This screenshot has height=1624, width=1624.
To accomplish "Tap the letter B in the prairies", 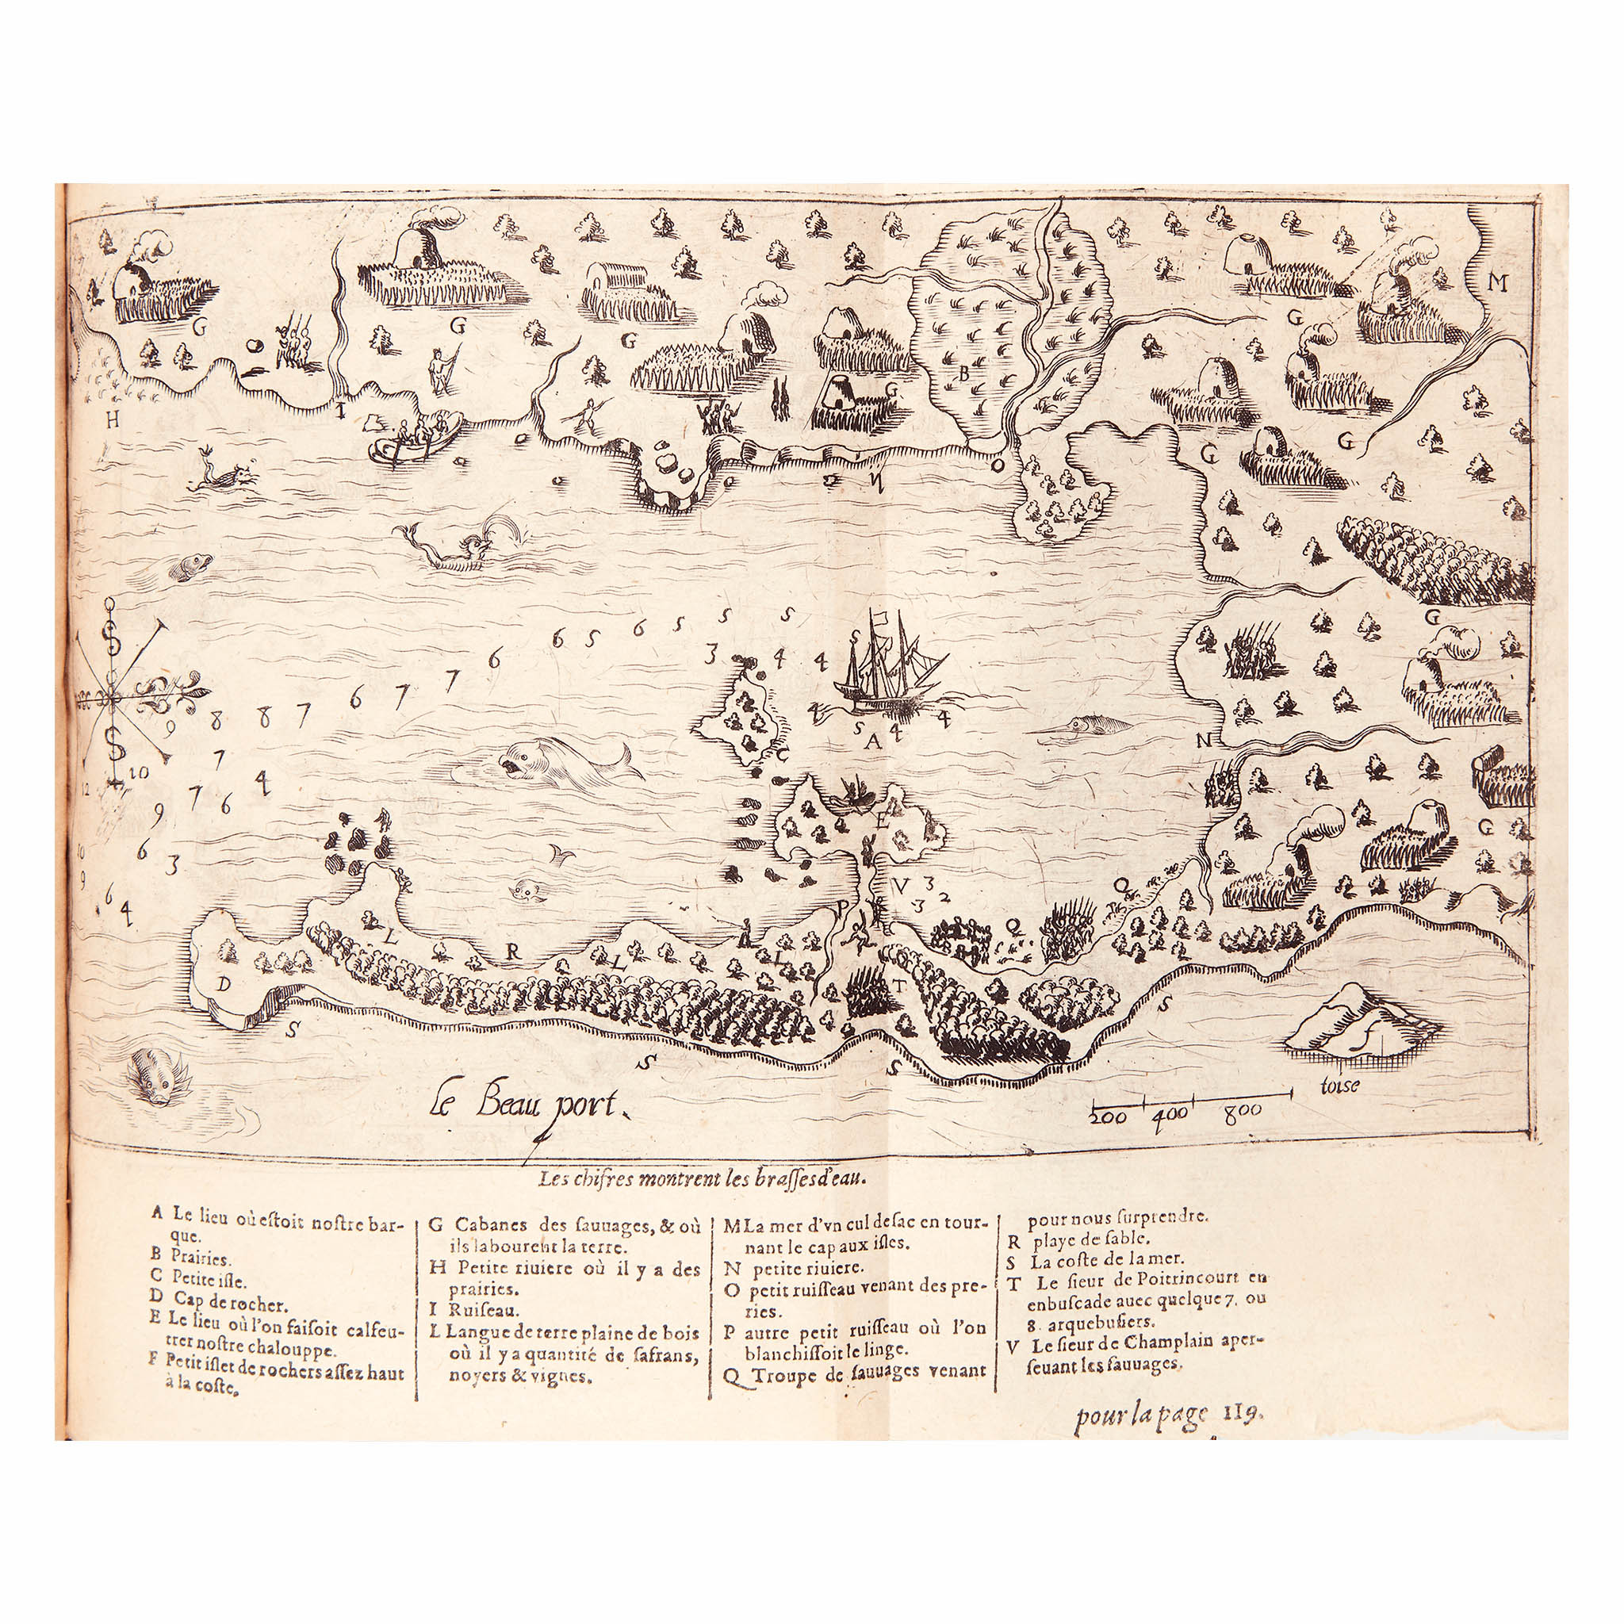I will click(x=965, y=374).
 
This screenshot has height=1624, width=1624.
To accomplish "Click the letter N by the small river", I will click(x=1204, y=741).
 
